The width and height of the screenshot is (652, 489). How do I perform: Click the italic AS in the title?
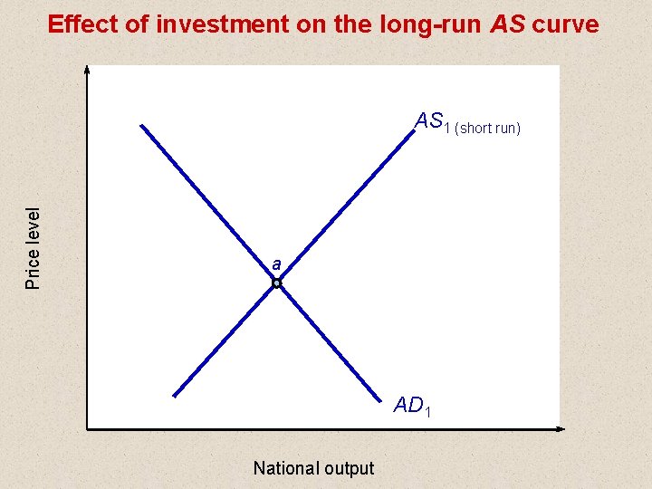click(507, 24)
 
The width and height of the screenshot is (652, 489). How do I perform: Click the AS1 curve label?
click(432, 122)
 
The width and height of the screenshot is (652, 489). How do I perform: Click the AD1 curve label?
click(412, 407)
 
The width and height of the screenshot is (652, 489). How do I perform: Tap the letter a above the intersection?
click(276, 264)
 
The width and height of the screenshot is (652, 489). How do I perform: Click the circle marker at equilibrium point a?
click(277, 283)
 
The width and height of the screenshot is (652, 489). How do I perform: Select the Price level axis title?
click(34, 249)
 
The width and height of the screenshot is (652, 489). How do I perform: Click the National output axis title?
click(313, 468)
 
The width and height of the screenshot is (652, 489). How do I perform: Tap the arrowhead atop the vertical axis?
click(87, 69)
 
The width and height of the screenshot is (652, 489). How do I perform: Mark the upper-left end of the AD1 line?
click(142, 124)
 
